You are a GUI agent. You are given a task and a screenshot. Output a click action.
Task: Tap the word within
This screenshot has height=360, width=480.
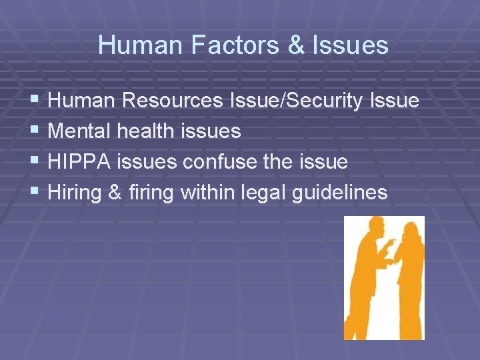tap(204, 193)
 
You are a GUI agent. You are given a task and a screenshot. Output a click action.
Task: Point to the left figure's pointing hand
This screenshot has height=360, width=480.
tap(391, 242)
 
